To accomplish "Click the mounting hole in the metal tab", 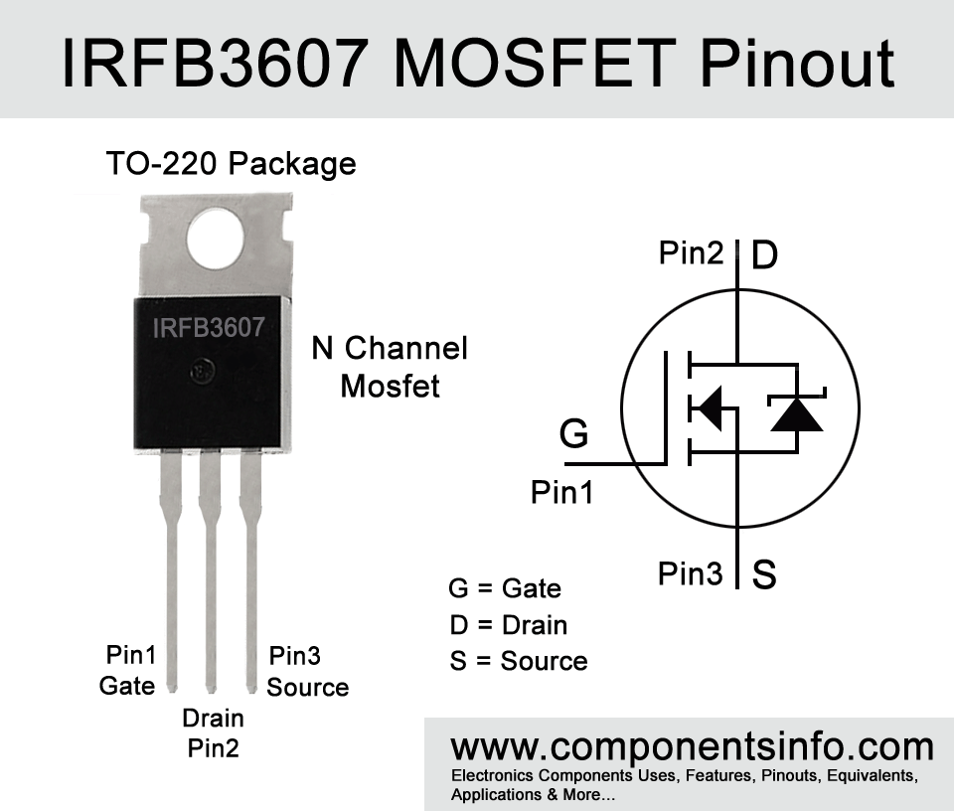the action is pos(216,239).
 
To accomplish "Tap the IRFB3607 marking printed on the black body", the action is pos(208,328).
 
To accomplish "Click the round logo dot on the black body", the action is pos(203,371).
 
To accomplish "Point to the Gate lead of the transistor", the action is pos(171,570).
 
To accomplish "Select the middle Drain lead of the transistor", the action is pos(211,570).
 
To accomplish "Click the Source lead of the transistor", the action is pos(250,570).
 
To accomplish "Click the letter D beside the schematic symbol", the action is pos(765,254).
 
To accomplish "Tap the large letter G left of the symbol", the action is pos(573,433).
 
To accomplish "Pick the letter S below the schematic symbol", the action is pos(764,573).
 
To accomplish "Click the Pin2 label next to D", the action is pos(692,252).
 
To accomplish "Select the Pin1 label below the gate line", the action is pos(562,492).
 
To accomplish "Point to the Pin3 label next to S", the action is pos(690,573).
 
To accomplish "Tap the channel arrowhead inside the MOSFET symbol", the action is pos(709,407).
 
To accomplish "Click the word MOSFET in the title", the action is pos(535,64).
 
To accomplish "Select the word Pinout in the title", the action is pos(797,64).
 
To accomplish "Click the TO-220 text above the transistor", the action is pos(161,163).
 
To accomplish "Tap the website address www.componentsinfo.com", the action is pos(692,746).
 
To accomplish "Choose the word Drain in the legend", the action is pos(535,625).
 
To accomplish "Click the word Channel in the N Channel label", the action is pos(406,348).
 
